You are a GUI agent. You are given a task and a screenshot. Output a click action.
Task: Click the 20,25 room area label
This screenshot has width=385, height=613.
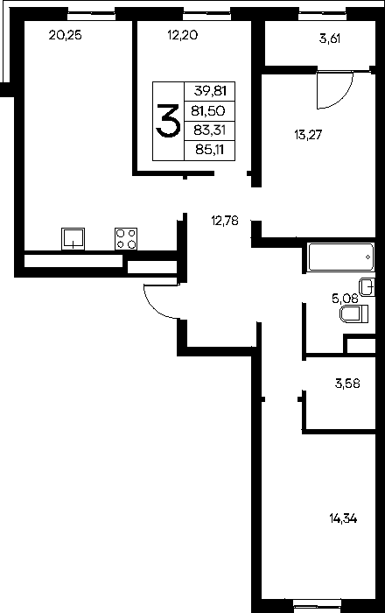(x=66, y=36)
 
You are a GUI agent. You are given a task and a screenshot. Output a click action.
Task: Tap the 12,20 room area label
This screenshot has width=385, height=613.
(x=182, y=36)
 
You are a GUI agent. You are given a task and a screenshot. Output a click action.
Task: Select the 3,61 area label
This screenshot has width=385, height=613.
(x=330, y=39)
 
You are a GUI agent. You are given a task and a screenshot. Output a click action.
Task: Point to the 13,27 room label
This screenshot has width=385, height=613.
(x=308, y=135)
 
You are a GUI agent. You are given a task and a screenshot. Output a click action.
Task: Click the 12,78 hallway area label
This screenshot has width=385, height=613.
(x=225, y=221)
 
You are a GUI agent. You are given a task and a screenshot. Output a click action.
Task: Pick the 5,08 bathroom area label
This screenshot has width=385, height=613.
(x=345, y=299)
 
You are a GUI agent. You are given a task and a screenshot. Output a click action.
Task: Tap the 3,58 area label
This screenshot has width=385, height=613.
(x=347, y=384)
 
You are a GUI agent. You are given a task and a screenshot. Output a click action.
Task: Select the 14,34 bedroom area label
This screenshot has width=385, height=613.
(x=343, y=519)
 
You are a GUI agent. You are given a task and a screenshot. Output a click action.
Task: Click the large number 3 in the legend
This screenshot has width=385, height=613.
(x=168, y=121)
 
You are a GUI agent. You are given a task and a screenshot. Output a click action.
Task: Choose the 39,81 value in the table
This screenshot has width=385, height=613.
(x=210, y=91)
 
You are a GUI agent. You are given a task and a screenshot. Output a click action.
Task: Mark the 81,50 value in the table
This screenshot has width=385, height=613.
(x=208, y=111)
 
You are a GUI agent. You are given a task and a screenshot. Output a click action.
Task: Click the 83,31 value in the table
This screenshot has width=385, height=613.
(x=210, y=130)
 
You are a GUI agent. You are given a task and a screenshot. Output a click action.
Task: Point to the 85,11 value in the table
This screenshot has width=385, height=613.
(x=210, y=149)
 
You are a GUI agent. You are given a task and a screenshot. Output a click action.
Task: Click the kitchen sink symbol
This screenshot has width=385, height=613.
(x=73, y=238)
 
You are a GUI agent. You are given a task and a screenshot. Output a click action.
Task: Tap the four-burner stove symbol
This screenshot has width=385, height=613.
(x=126, y=238)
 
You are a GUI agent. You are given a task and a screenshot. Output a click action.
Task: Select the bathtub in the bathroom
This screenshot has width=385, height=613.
(x=341, y=257)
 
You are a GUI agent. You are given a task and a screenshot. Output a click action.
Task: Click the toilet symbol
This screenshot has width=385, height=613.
(x=354, y=314)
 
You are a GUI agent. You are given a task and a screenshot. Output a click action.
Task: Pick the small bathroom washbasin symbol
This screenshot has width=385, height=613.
(x=367, y=287)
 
